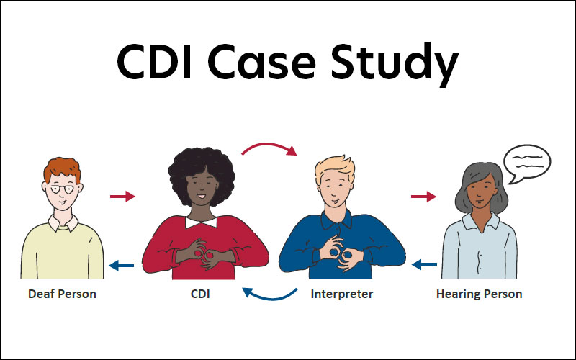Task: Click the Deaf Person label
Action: pyautogui.click(x=62, y=294)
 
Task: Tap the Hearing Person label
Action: pyautogui.click(x=479, y=294)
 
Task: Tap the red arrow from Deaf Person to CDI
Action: pyautogui.click(x=122, y=196)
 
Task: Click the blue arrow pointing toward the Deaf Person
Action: pyautogui.click(x=122, y=266)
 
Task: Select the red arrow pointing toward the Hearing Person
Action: pyautogui.click(x=423, y=196)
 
